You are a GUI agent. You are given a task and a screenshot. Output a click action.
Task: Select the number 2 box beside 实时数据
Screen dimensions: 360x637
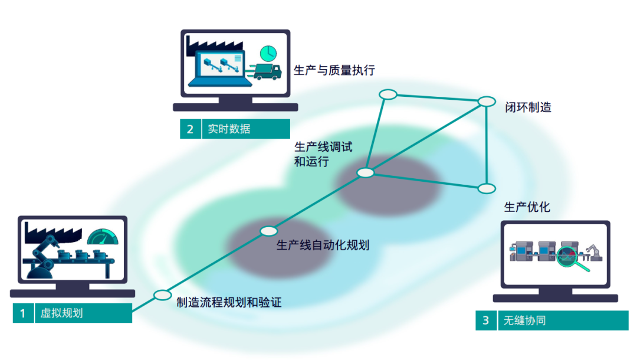tap(190, 129)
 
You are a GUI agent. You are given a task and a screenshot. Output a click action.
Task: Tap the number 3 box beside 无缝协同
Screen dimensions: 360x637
tap(485, 320)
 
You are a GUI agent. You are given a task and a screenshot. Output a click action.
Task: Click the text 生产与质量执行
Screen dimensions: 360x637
tap(334, 70)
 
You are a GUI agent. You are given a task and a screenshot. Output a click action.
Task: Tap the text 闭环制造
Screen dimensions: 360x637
tap(528, 108)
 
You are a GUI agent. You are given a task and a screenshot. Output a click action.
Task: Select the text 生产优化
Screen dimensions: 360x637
tap(527, 207)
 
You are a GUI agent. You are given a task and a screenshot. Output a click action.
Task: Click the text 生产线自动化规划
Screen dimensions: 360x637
tap(323, 245)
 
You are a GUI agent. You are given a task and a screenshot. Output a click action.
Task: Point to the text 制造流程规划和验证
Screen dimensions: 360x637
tap(229, 303)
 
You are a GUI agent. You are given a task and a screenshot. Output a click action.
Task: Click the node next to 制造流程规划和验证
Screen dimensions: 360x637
tap(162, 295)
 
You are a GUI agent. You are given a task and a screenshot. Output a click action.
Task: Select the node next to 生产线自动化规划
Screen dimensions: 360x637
tap(268, 231)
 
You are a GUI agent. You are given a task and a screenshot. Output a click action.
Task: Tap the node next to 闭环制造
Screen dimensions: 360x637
tap(487, 102)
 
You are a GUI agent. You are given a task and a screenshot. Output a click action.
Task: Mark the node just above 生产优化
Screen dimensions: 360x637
tap(487, 188)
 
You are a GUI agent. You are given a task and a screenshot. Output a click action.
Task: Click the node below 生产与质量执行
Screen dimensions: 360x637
tap(388, 94)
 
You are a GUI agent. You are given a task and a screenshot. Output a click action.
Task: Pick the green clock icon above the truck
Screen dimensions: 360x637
tap(268, 53)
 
